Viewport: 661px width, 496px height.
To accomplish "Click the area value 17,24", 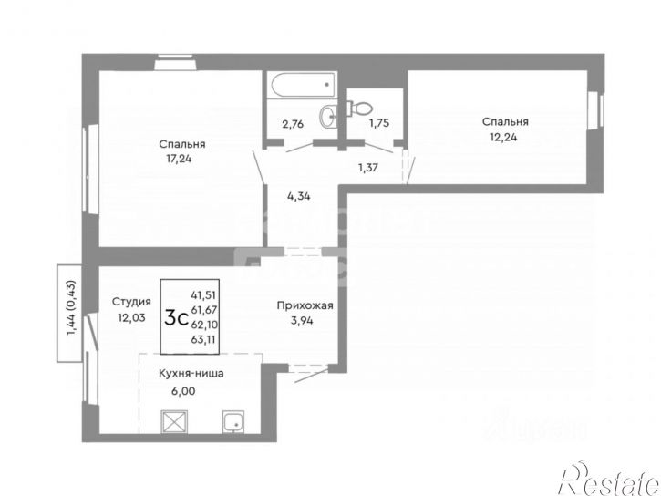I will pyautogui.click(x=181, y=159).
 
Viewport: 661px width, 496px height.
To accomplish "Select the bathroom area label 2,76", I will pyautogui.click(x=293, y=124).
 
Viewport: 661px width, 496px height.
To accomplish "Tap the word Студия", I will pyautogui.click(x=131, y=301).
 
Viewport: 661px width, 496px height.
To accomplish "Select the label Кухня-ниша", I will pyautogui.click(x=191, y=373).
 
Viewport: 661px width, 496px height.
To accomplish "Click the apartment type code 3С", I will pyautogui.click(x=176, y=318).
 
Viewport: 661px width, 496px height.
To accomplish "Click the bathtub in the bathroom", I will pyautogui.click(x=302, y=88).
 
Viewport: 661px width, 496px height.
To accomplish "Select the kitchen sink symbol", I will pyautogui.click(x=232, y=423).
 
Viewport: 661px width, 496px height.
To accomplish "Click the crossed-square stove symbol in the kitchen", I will pyautogui.click(x=172, y=423).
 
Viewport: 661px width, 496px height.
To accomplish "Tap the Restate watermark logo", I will pyautogui.click(x=610, y=472).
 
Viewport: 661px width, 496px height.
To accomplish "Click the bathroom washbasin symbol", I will pyautogui.click(x=328, y=115).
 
